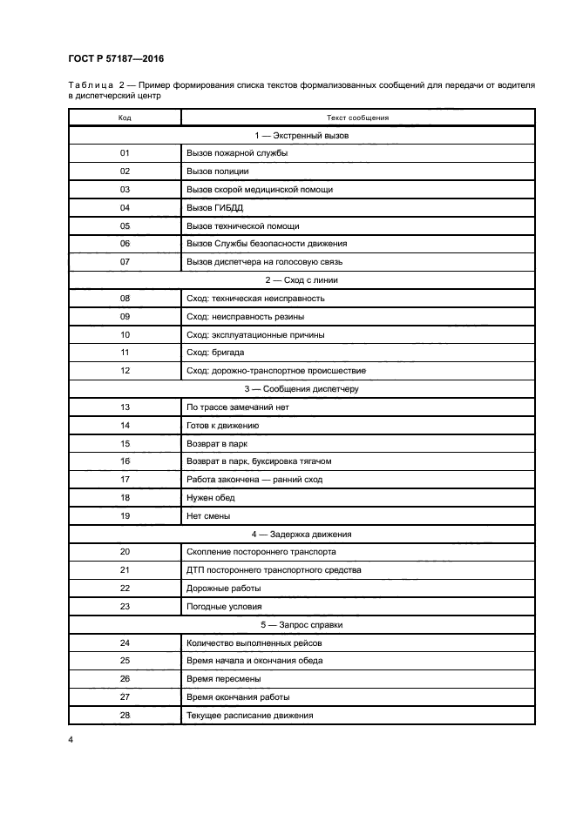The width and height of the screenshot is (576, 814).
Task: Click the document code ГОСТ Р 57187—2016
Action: pos(116,58)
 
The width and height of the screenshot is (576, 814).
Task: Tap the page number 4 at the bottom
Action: pos(71,740)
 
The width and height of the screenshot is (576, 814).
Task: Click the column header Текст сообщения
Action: pos(357,117)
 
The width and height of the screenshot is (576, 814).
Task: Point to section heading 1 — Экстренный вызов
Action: pos(301,135)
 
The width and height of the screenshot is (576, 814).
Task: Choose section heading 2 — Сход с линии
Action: pos(301,279)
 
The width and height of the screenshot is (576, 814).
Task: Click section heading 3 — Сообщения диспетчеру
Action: pos(301,388)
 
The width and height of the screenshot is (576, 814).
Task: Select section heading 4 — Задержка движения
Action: pos(301,534)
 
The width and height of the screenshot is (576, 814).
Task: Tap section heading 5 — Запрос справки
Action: pos(301,625)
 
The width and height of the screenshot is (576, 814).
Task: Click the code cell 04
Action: pos(125,207)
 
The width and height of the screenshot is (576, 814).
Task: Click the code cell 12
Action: pos(125,370)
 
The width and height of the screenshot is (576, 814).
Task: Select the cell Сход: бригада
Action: pos(215,352)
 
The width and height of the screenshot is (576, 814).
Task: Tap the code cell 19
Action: pos(125,515)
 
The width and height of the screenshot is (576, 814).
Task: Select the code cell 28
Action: pos(125,716)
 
